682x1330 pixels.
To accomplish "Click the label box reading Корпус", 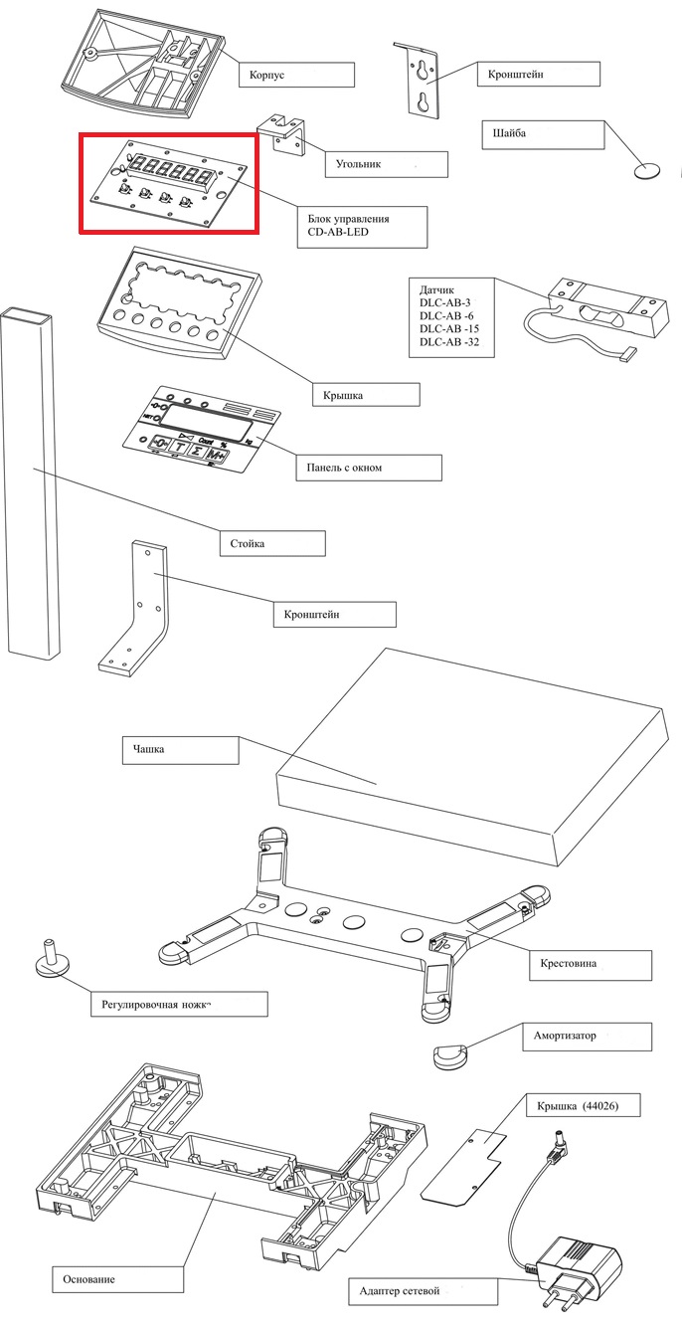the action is [297, 75].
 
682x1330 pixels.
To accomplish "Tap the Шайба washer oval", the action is [646, 171].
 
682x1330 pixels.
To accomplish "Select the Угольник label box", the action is [387, 164].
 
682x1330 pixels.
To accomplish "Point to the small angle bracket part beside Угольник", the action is [287, 133].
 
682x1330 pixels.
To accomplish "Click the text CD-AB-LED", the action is [338, 232].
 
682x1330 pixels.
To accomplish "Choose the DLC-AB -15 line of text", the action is [449, 329].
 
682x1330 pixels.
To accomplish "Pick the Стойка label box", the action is [272, 543].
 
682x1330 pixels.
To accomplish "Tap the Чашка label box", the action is [181, 750].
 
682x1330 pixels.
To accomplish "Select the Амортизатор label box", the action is [587, 1037].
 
